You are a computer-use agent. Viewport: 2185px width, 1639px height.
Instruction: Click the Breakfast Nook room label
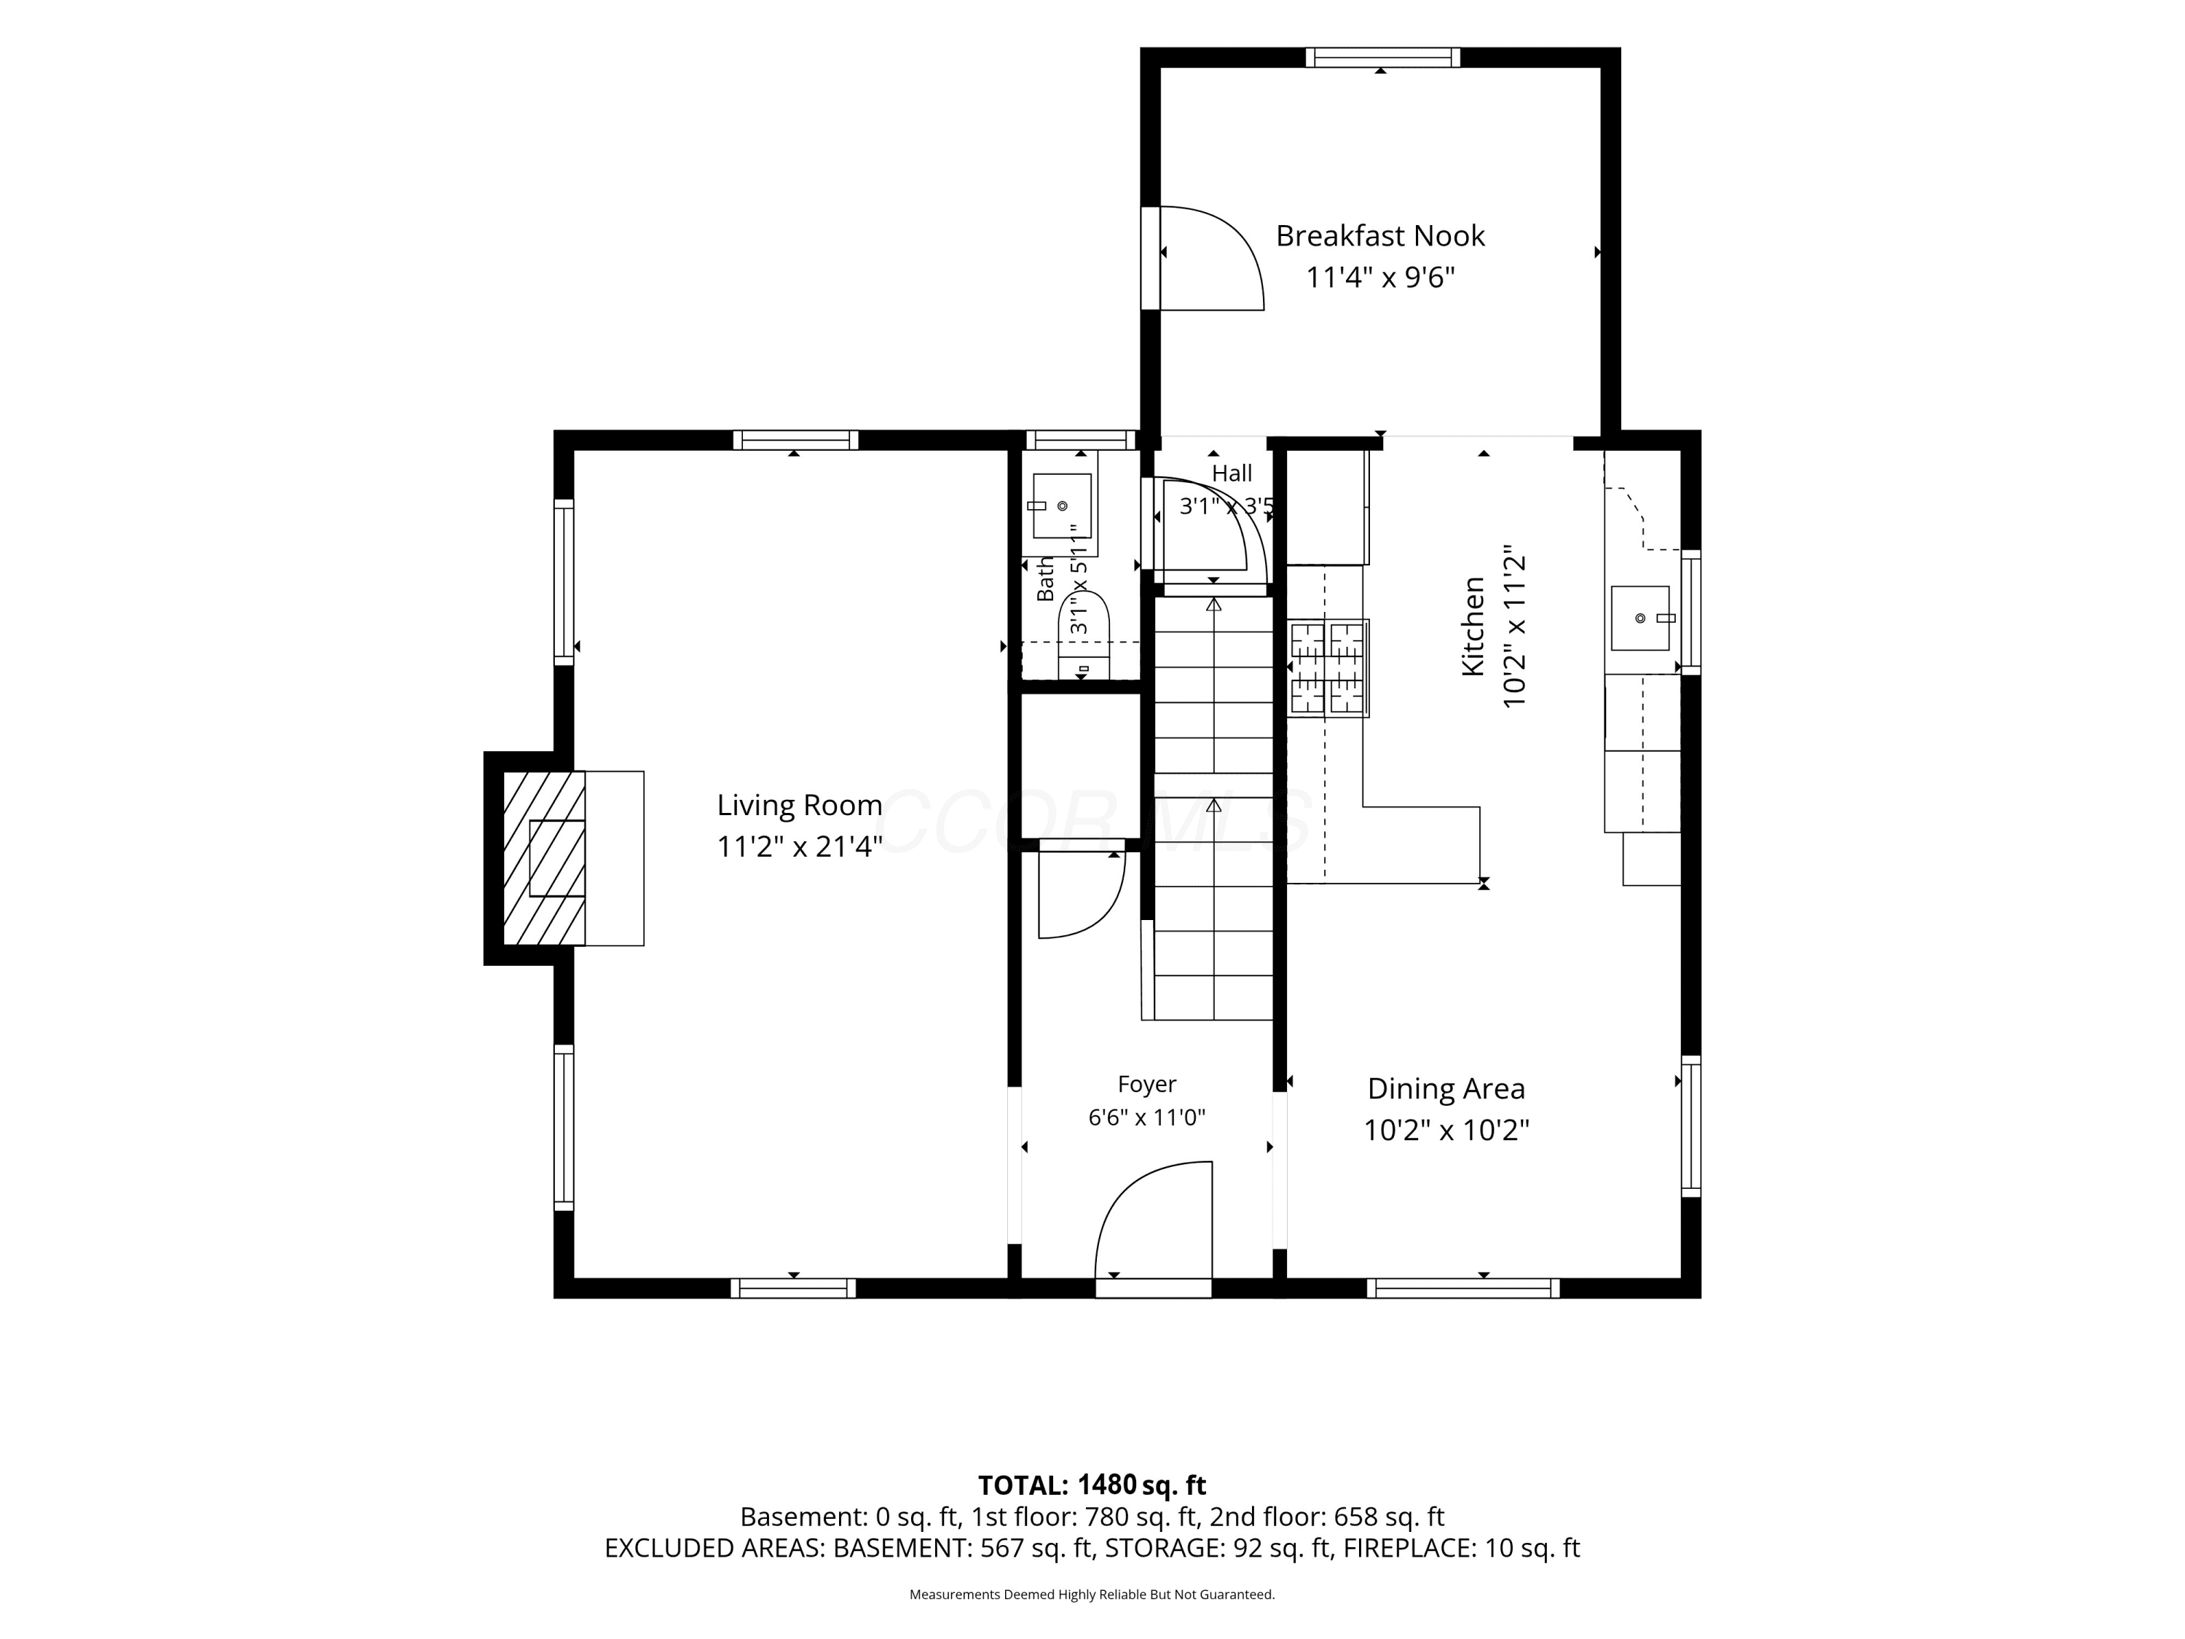tap(1380, 236)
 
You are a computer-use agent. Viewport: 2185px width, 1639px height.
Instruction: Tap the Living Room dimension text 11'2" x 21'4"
tap(799, 846)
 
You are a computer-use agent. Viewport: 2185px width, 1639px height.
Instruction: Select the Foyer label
tap(1147, 1085)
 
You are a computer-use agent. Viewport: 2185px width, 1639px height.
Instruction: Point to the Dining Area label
tap(1446, 1089)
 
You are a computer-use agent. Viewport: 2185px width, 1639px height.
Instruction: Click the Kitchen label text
tap(1473, 626)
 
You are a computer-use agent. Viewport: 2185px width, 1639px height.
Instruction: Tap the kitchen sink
tap(1639, 618)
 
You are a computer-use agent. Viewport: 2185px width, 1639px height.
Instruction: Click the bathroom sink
tap(1062, 506)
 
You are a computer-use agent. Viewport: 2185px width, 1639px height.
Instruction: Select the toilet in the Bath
tap(1084, 635)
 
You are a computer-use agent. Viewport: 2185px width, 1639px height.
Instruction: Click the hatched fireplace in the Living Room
tap(544, 857)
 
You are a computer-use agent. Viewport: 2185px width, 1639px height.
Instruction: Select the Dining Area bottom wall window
tap(1463, 1289)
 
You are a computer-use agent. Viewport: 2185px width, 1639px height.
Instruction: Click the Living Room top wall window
tap(795, 441)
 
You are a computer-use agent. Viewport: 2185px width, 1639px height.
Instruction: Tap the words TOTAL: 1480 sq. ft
tap(1092, 1485)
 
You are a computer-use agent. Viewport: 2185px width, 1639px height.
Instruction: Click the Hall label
tap(1232, 473)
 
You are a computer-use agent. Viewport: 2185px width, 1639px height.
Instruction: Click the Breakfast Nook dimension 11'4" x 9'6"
tap(1380, 278)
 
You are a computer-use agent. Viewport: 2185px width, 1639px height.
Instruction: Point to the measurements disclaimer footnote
tap(1092, 1595)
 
